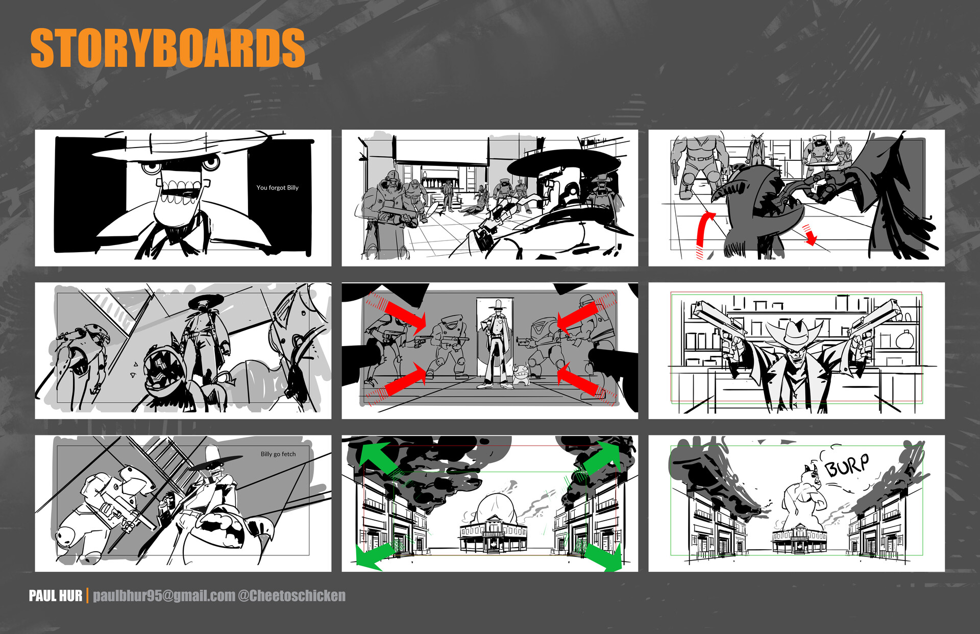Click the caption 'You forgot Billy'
tap(277, 188)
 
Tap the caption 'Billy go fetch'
tap(278, 454)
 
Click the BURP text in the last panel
tap(846, 465)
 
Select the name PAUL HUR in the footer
tap(55, 596)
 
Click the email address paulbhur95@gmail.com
tap(164, 596)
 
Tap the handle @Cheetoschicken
tap(291, 596)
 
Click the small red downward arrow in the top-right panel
tap(810, 235)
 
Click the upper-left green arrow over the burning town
tap(378, 457)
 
